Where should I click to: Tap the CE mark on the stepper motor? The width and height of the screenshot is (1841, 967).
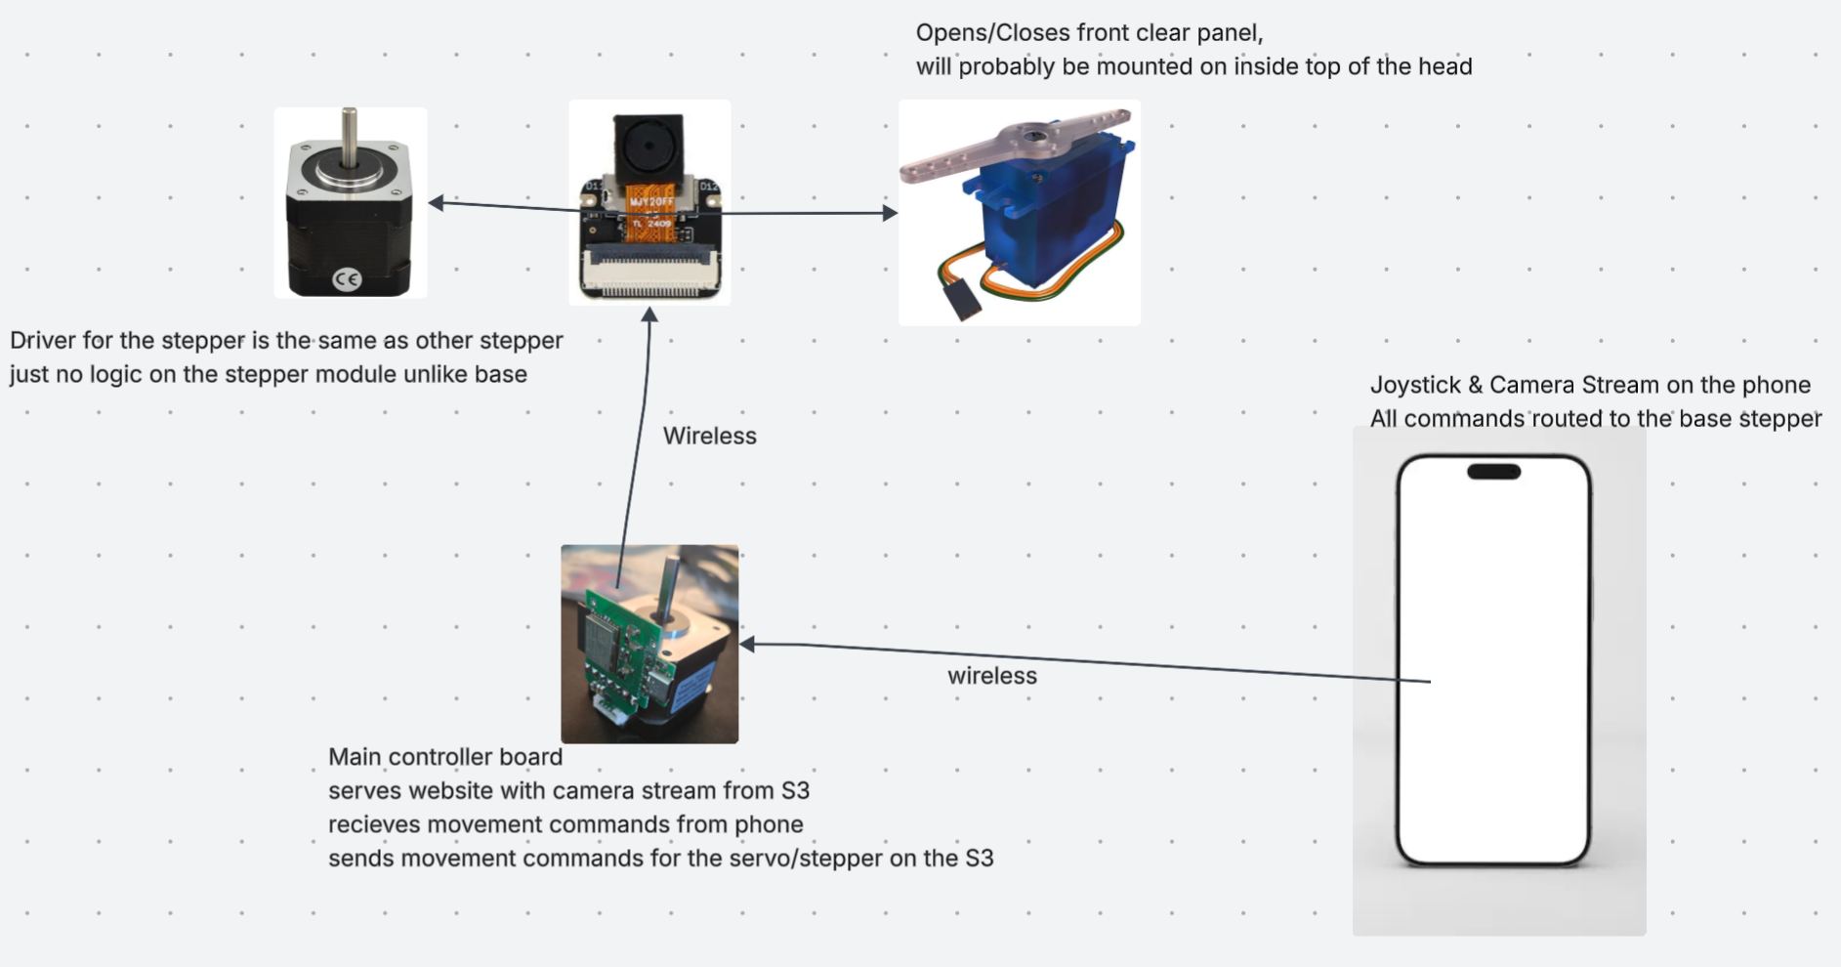click(348, 279)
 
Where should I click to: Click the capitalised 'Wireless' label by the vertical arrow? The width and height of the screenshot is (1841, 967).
click(709, 436)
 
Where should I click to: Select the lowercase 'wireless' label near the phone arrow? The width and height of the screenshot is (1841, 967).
click(991, 676)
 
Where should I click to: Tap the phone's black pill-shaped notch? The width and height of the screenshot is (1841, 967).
click(1493, 472)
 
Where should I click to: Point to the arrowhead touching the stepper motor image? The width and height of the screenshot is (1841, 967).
click(436, 202)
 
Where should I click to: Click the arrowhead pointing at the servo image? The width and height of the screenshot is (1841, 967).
click(890, 213)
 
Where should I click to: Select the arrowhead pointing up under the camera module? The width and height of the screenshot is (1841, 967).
click(649, 314)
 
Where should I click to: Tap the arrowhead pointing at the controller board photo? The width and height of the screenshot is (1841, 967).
click(747, 644)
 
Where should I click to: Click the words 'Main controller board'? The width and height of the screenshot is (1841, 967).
click(444, 757)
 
